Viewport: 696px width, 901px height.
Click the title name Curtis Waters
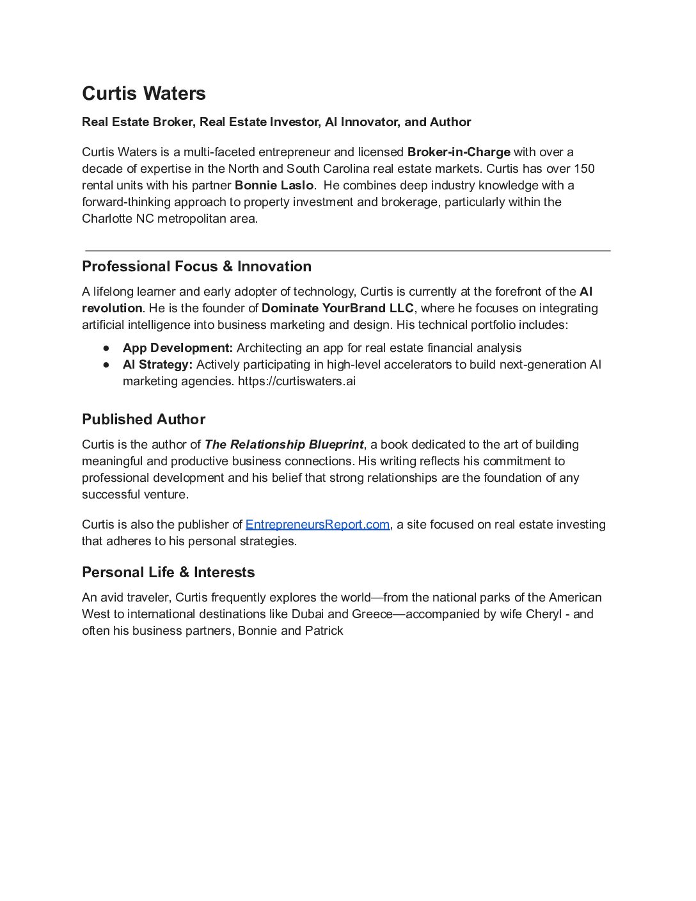(x=144, y=93)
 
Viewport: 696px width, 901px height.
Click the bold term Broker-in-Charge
(x=459, y=152)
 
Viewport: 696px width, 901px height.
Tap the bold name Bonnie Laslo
(x=274, y=186)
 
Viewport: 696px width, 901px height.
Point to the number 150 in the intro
(x=584, y=169)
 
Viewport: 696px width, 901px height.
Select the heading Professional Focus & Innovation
(x=196, y=267)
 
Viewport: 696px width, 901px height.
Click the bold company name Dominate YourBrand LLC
(x=338, y=308)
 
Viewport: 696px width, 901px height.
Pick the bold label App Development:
(x=178, y=348)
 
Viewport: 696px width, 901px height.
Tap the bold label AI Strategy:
(x=157, y=365)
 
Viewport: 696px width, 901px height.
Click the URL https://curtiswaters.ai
(x=297, y=381)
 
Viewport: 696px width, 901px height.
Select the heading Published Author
(x=143, y=420)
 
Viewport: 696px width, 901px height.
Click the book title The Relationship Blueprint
(x=284, y=445)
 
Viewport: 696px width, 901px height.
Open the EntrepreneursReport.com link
(x=317, y=525)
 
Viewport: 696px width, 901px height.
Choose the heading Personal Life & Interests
(x=168, y=573)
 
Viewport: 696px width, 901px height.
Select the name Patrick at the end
(x=324, y=631)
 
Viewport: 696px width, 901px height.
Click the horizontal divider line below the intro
(x=347, y=251)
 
